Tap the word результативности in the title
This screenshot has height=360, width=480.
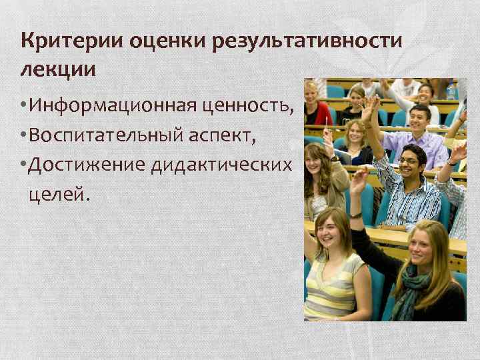[308, 42]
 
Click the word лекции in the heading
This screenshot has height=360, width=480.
[58, 69]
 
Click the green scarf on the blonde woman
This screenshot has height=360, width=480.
[411, 287]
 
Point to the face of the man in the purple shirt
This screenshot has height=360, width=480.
[419, 116]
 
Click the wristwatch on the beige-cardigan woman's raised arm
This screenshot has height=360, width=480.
[357, 215]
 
